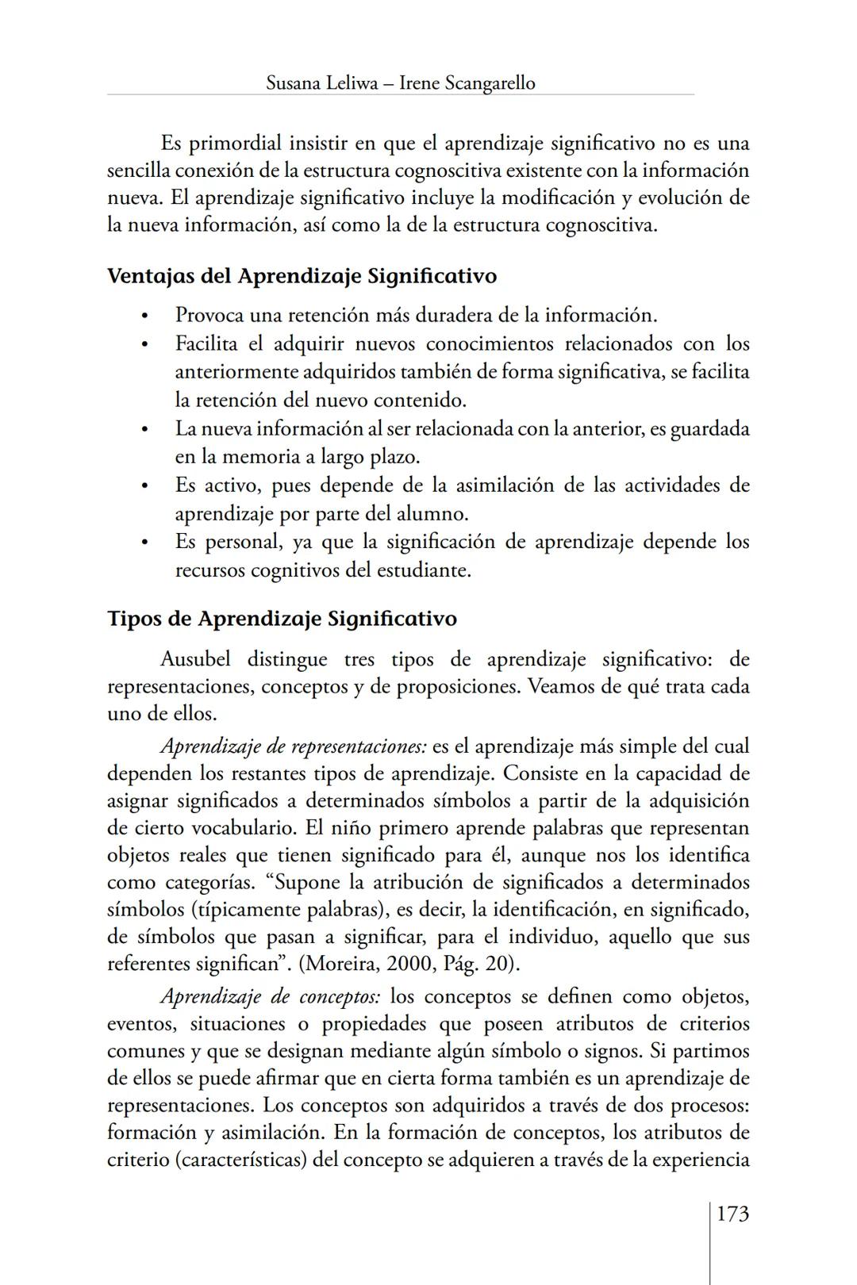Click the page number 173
732,1214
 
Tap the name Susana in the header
294,83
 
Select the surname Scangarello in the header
490,83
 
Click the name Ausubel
195,659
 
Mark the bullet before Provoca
144,316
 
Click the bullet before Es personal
144,543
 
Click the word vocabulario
243,828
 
